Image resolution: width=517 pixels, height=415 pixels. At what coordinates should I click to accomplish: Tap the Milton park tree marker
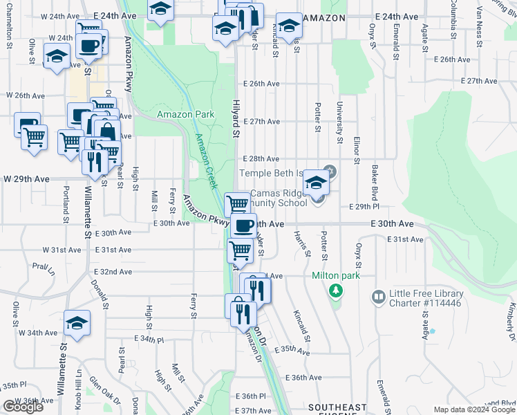[336, 290]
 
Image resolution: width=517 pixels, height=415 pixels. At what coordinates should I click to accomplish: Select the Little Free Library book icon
[378, 297]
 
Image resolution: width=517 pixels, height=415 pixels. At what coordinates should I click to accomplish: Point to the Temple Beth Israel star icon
[329, 172]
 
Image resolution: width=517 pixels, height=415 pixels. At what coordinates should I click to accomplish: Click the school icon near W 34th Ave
[77, 322]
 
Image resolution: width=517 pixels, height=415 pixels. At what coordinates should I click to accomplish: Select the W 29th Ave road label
[26, 178]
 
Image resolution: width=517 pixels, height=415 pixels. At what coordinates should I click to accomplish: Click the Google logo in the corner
[23, 407]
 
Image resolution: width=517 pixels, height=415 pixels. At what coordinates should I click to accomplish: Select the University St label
[339, 122]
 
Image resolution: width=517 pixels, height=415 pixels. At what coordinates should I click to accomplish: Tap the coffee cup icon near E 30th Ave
[243, 225]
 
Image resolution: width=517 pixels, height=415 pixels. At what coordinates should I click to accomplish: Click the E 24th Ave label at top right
[396, 16]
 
